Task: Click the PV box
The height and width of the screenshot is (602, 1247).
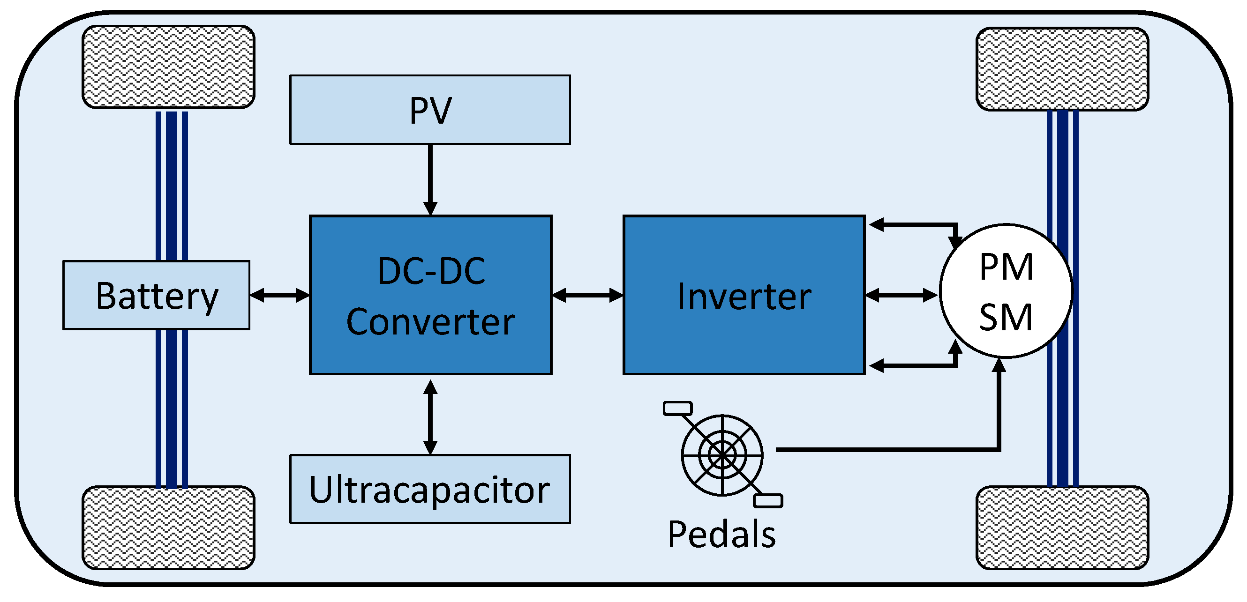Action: (x=430, y=109)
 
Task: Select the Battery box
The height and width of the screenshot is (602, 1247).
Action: (x=157, y=295)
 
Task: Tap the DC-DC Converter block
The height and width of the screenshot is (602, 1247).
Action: (x=430, y=295)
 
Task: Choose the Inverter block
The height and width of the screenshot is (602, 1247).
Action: (x=744, y=295)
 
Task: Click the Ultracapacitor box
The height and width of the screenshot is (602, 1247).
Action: (x=430, y=489)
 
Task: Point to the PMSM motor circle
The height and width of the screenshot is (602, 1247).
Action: (x=1006, y=291)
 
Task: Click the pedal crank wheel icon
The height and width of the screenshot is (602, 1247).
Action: (x=723, y=454)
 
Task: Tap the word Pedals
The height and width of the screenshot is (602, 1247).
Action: (x=721, y=534)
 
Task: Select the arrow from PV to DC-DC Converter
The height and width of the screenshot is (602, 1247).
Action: (x=430, y=179)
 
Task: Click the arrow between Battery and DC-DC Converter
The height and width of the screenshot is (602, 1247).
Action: (x=280, y=295)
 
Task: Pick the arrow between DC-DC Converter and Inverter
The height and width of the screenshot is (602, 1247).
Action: (x=588, y=295)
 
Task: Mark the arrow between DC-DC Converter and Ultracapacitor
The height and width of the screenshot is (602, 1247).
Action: (x=430, y=417)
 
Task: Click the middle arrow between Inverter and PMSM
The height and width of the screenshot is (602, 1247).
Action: (x=901, y=295)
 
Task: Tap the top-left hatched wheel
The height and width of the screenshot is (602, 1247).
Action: (x=168, y=67)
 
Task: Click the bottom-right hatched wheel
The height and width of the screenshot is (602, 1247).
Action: (x=1062, y=528)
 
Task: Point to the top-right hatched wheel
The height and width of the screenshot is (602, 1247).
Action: (x=1062, y=69)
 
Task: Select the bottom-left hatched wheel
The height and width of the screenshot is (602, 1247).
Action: (x=168, y=528)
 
